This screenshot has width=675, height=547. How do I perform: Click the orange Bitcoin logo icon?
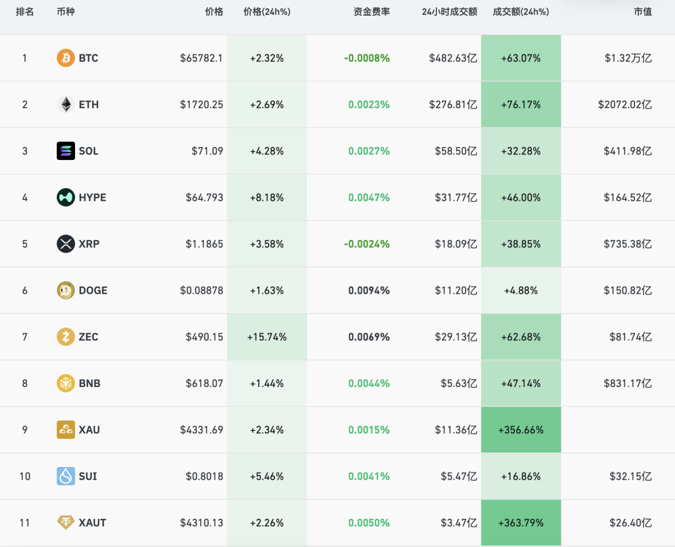(x=66, y=58)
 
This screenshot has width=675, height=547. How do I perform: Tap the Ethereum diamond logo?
(x=66, y=104)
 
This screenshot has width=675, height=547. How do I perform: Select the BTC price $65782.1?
(x=201, y=58)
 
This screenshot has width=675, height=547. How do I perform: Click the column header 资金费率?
(x=371, y=12)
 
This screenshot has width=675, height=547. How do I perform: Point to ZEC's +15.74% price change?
(x=267, y=337)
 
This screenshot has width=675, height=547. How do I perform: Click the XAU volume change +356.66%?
(x=521, y=430)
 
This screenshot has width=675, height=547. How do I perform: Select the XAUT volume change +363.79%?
(x=521, y=523)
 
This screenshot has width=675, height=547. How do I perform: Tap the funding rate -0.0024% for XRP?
(x=367, y=244)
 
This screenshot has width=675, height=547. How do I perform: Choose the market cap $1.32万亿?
(x=628, y=58)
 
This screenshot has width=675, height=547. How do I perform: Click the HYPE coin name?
(x=92, y=198)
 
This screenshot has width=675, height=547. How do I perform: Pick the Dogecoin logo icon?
(x=66, y=290)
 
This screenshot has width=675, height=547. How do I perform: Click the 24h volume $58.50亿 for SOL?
(x=456, y=151)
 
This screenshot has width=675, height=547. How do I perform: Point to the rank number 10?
(x=25, y=476)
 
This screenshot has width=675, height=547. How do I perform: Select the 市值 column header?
(x=642, y=12)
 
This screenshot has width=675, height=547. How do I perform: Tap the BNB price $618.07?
(x=204, y=383)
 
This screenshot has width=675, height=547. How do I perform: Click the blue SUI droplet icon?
(x=66, y=476)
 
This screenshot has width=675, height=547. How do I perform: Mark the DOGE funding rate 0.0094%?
(x=369, y=291)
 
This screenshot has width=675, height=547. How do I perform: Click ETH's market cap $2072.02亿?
(x=624, y=104)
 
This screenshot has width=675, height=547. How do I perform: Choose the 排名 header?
(x=24, y=12)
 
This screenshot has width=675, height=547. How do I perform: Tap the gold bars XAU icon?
(x=66, y=430)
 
